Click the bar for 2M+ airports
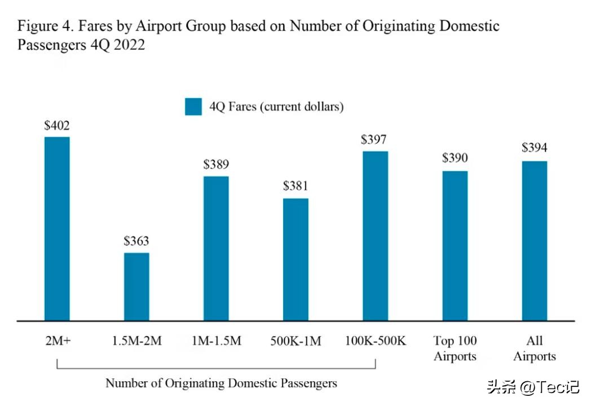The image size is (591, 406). [57, 228]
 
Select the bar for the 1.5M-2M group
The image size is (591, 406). [136, 286]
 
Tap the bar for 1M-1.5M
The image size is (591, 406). [216, 248]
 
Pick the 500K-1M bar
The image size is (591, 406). [295, 259]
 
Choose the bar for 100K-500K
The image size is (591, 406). [375, 236]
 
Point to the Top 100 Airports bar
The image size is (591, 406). [455, 246]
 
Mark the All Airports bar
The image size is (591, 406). [534, 241]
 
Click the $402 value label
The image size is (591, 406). [57, 125]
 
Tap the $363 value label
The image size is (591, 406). [136, 241]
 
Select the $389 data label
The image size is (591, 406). [216, 165]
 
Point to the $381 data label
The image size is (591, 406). [295, 187]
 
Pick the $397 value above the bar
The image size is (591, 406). [375, 139]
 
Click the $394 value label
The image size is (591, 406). [534, 148]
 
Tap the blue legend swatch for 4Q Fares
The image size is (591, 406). [193, 107]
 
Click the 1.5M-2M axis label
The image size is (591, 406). [136, 341]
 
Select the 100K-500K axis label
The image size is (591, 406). [375, 341]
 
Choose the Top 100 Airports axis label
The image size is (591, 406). [455, 348]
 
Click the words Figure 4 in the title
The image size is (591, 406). [42, 26]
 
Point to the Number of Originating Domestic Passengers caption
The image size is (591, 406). [221, 383]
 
